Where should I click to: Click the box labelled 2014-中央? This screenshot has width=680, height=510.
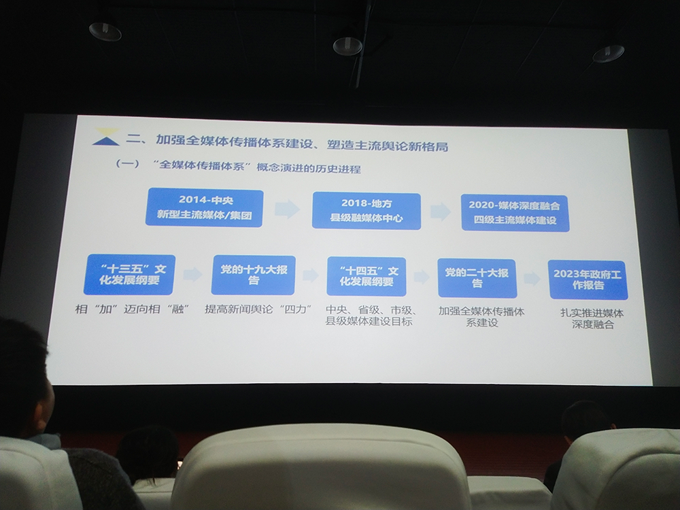204,207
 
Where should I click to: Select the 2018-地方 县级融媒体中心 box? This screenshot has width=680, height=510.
367,211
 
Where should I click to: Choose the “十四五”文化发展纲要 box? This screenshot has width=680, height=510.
366,276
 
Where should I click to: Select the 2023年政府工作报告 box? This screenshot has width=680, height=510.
588,279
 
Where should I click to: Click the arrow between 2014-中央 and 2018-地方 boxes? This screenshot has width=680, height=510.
287,209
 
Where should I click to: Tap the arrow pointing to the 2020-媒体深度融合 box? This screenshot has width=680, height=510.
441,211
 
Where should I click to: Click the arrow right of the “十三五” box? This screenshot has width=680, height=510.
192,274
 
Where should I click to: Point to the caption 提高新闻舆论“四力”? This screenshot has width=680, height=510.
258,309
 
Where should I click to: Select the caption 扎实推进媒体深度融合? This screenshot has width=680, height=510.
589,319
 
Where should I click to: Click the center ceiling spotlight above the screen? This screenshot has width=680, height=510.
347,46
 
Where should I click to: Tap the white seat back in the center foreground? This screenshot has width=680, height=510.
320,469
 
